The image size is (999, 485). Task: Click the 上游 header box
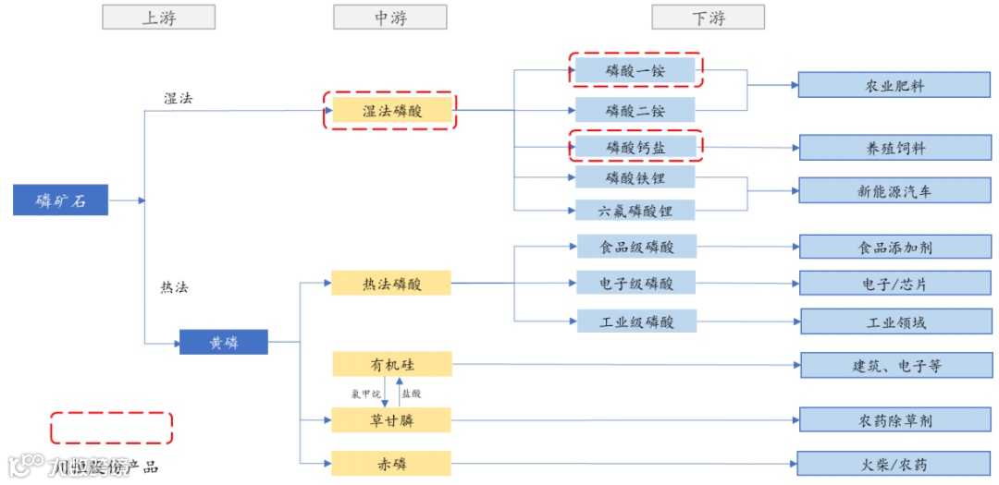pyautogui.click(x=158, y=18)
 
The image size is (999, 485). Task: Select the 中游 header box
pyautogui.click(x=389, y=18)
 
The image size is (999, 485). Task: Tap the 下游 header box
pyautogui.click(x=709, y=18)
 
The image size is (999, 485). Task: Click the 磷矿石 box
pyautogui.click(x=60, y=200)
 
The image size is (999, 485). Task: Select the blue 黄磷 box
pyautogui.click(x=223, y=342)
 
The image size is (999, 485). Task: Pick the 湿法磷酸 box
pyautogui.click(x=390, y=111)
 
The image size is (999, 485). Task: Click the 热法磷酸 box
pyautogui.click(x=390, y=284)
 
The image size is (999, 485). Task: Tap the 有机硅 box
pyautogui.click(x=390, y=364)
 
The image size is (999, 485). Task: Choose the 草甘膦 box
pyautogui.click(x=390, y=420)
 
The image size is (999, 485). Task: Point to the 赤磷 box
pyautogui.click(x=390, y=464)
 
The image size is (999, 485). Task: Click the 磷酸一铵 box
pyautogui.click(x=635, y=69)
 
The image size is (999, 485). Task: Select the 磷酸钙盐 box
pyautogui.click(x=635, y=146)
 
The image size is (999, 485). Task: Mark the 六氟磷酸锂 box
pyautogui.click(x=635, y=210)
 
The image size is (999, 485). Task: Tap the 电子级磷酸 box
pyautogui.click(x=636, y=283)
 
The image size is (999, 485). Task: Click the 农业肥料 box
pyautogui.click(x=894, y=85)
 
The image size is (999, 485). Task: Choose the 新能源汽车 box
pyautogui.click(x=894, y=191)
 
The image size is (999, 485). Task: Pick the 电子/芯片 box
pyautogui.click(x=894, y=284)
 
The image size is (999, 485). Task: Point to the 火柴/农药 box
pyautogui.click(x=894, y=464)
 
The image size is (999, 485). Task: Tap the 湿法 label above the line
pyautogui.click(x=179, y=98)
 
